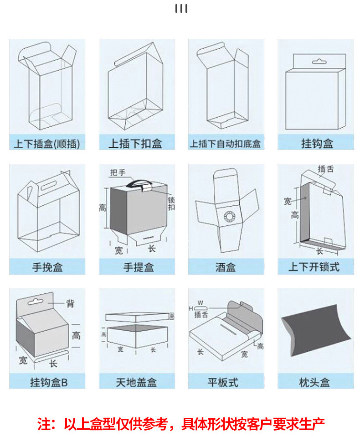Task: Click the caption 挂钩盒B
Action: coord(49,382)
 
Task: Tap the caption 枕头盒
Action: coord(314,382)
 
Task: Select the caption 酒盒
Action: coord(225,267)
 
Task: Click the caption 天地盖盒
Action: coord(136,382)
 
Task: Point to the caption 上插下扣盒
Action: coord(135,144)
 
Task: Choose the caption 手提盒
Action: coord(139,267)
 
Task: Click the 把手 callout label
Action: coord(118,172)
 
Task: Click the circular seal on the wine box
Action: coord(230,216)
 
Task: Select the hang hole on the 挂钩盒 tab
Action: coord(319,62)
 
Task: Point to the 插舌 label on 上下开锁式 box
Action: coord(325,169)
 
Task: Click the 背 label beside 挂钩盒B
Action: coord(70,303)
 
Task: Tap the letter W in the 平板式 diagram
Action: coord(201,303)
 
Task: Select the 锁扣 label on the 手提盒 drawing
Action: coord(171,204)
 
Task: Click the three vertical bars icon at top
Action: coord(181,8)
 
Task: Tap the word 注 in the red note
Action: coord(44,424)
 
